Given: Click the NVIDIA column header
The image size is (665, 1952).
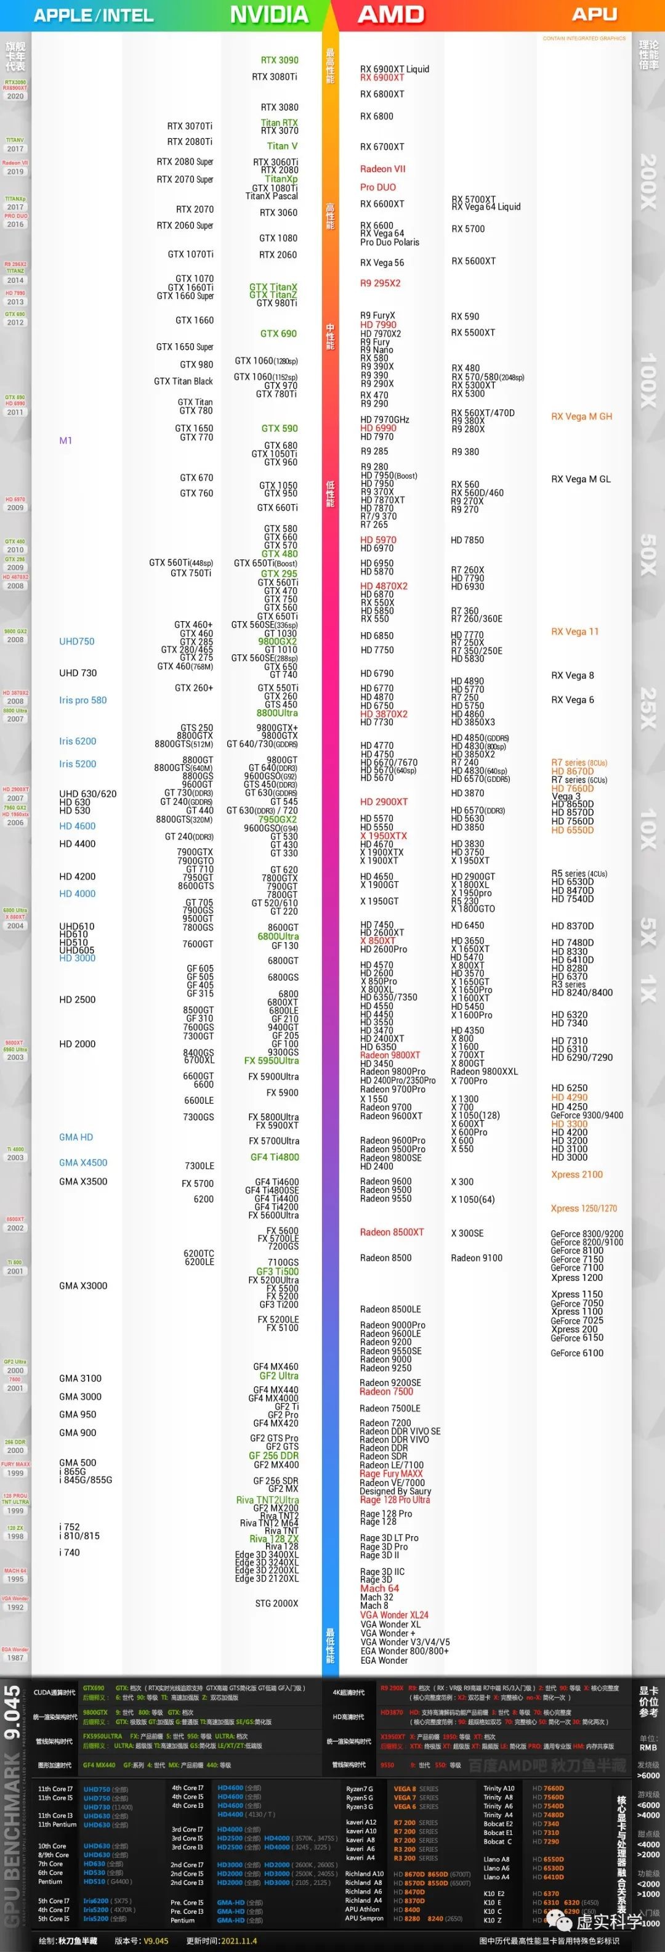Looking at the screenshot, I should click(269, 14).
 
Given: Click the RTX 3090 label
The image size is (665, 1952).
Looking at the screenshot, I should click(280, 60).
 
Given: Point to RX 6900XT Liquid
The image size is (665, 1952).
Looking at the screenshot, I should click(395, 69).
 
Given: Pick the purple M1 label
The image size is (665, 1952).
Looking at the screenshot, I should click(66, 441).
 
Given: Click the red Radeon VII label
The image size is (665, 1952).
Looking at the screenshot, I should click(382, 169).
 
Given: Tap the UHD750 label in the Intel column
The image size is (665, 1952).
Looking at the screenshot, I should click(76, 641).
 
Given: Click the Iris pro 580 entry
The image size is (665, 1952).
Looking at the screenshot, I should click(83, 700).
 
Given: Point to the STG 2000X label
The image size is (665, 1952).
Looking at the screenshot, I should click(276, 1603).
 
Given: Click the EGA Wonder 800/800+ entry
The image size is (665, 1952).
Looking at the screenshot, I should click(405, 1651).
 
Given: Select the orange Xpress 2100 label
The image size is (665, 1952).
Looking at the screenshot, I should click(577, 1174).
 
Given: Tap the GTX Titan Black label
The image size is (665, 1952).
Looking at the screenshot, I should click(183, 381).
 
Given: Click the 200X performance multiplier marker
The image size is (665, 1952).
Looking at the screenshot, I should click(648, 182).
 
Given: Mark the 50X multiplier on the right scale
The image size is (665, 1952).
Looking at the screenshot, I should click(648, 555).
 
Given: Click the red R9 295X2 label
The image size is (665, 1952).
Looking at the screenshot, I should click(380, 283).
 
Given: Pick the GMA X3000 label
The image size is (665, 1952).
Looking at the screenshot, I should click(83, 1286).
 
